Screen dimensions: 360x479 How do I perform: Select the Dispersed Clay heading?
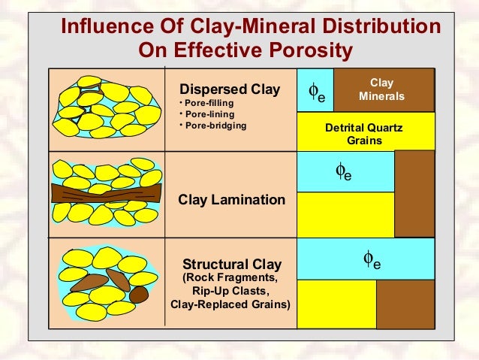228,90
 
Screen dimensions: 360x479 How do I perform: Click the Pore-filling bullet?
208,103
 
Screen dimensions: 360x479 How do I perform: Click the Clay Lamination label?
231,200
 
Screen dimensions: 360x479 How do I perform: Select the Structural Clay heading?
232,264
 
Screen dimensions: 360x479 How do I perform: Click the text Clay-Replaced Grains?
231,304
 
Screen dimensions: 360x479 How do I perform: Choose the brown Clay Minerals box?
382,90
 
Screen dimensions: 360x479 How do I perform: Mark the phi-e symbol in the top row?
317,92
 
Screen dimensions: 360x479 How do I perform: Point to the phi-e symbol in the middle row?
343,172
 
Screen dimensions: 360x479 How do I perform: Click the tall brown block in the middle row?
414,193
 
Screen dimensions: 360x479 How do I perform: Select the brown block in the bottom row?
404,304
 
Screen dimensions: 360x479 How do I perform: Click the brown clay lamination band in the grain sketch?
106,193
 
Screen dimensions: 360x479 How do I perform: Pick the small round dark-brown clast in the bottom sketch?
137,295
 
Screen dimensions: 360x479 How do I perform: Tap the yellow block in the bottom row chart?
336,304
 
